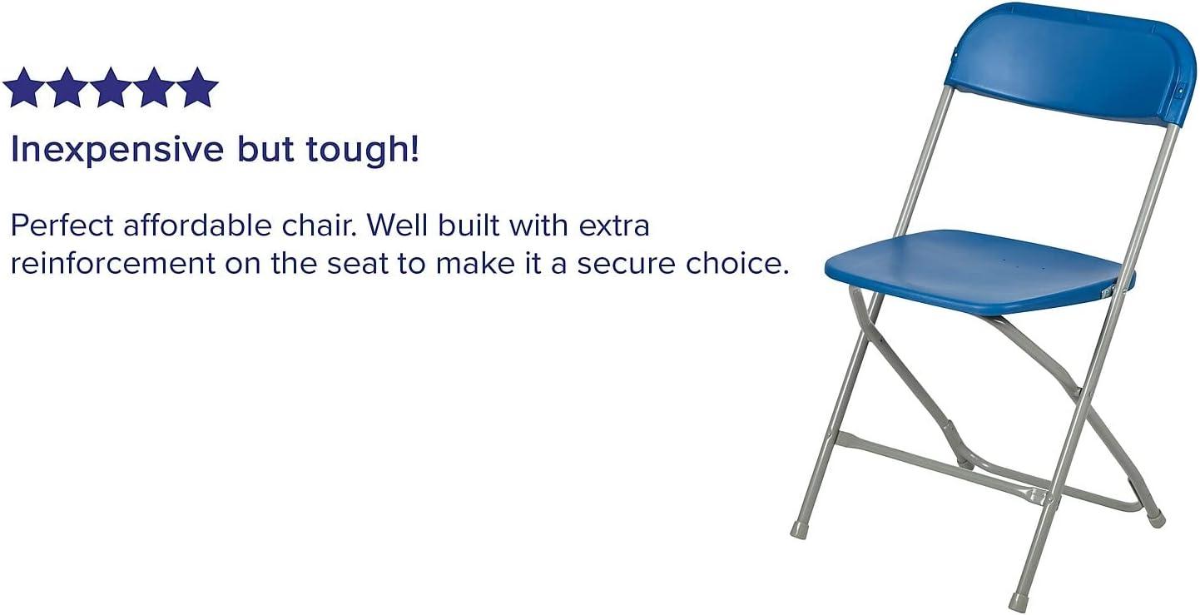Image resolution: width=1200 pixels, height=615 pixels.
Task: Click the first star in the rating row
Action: coord(22,88)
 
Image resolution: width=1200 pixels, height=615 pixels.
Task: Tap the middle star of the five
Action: coord(110,88)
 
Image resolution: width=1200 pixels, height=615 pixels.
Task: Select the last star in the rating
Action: coord(197,88)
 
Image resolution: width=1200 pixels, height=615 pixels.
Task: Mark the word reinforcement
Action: coord(112,264)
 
